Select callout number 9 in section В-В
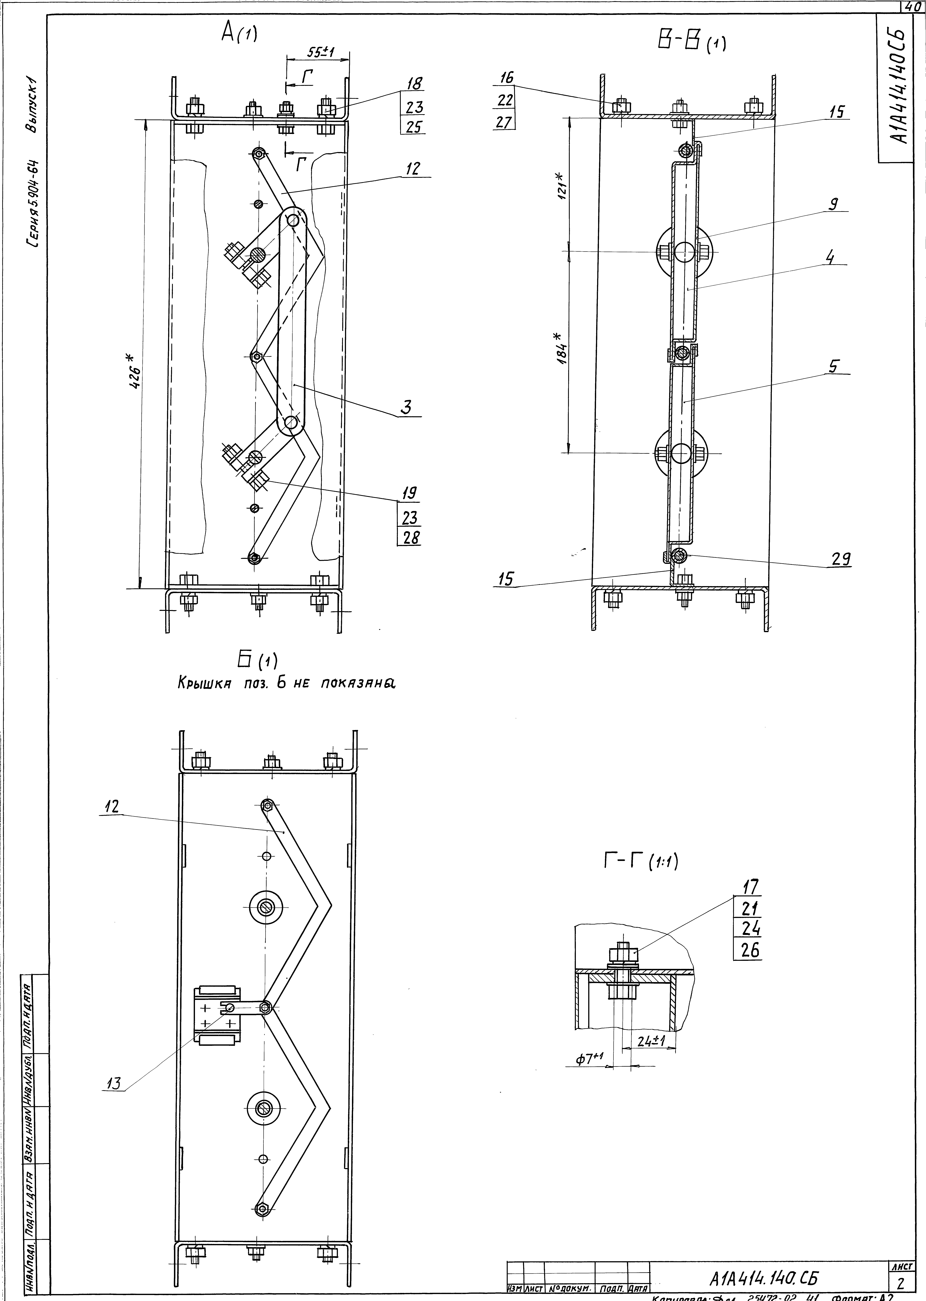[x=834, y=204]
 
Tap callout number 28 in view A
[x=410, y=537]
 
